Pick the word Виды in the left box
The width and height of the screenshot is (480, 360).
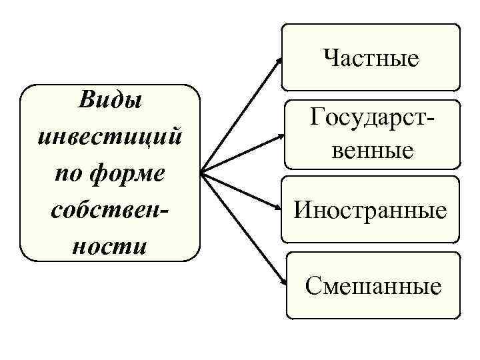(111, 103)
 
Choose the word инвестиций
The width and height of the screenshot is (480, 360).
(111, 138)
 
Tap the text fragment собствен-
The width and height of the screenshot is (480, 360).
(111, 211)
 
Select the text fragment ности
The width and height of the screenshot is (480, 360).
(111, 246)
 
